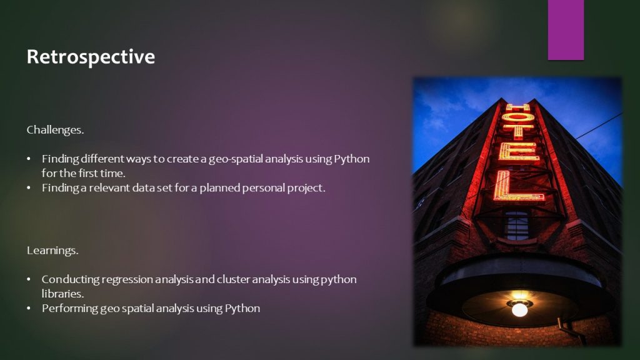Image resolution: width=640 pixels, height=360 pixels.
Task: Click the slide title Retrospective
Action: coord(91,57)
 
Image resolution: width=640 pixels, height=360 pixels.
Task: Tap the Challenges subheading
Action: coord(55,130)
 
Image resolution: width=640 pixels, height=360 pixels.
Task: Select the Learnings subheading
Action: coord(52,250)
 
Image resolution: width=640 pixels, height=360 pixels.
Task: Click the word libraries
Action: coord(62,294)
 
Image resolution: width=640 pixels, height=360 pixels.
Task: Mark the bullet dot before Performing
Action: coord(29,309)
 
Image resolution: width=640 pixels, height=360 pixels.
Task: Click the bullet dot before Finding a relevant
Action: coord(29,188)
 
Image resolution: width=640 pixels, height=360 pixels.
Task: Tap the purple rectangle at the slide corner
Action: coord(566,30)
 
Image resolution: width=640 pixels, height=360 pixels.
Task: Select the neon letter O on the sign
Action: coord(517,117)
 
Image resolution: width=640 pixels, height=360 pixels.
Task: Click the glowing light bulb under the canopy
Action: coord(519,309)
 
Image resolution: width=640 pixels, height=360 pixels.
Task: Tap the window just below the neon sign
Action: coord(516,225)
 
